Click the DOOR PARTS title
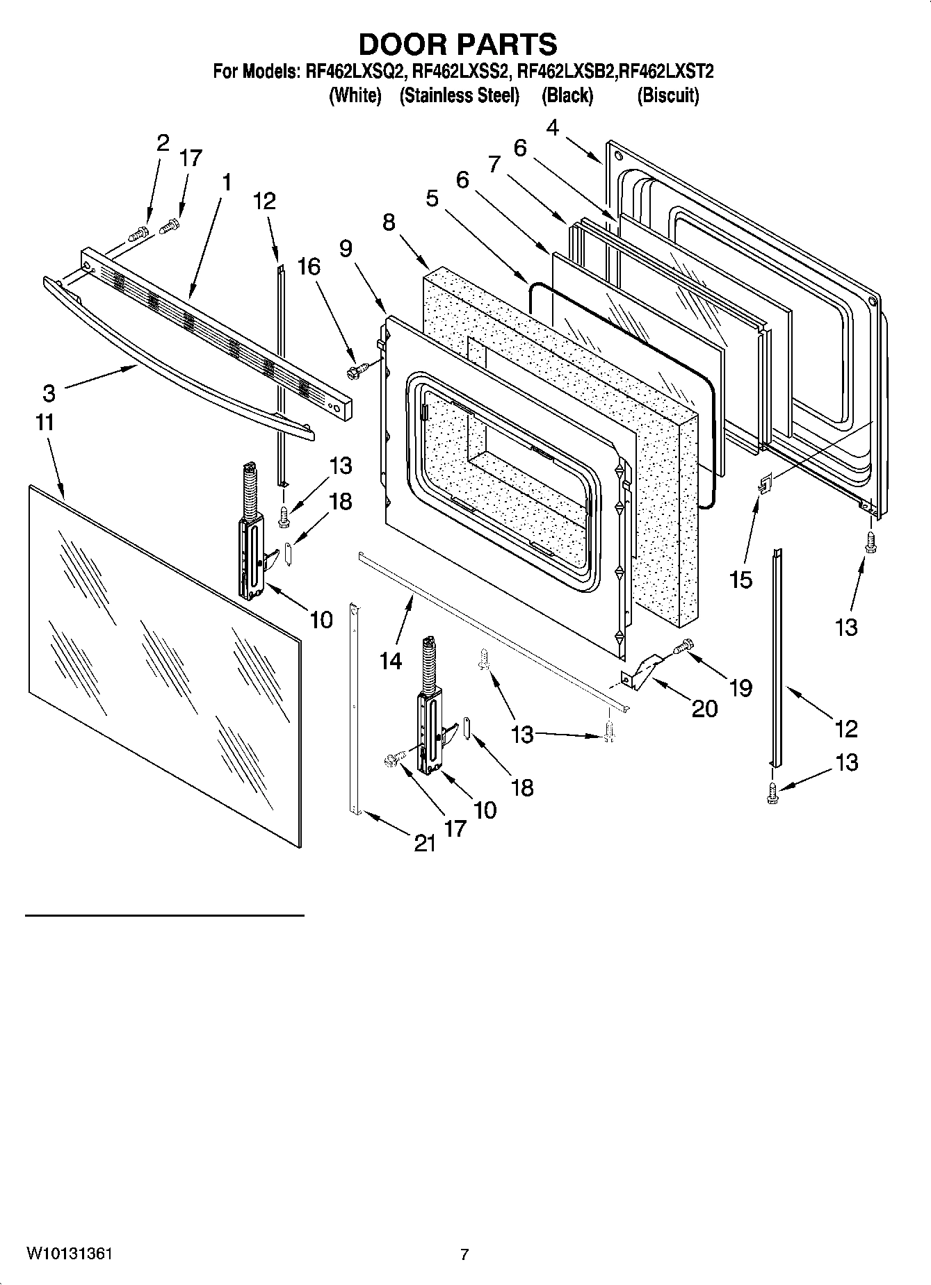coord(458,44)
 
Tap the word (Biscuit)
coord(667,95)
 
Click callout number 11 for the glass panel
coord(44,423)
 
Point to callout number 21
coord(425,843)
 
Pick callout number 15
coord(741,579)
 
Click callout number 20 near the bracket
coord(704,708)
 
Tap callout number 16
coord(309,267)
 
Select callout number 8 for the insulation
coord(388,222)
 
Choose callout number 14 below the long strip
coord(391,660)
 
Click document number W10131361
coord(70,1254)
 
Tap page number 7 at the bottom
coord(464,1254)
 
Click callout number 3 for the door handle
coord(49,393)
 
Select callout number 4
coord(552,128)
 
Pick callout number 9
coord(346,249)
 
